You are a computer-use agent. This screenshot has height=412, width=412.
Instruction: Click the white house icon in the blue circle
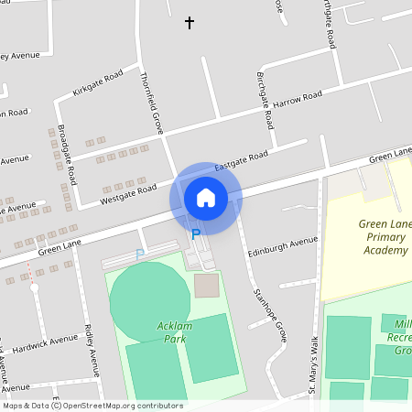coord(206,197)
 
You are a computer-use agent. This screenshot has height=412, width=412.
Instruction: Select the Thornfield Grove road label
coord(151,103)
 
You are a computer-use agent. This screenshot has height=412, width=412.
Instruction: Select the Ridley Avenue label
coord(91,350)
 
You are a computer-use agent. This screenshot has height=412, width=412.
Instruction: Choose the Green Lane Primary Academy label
coord(384,237)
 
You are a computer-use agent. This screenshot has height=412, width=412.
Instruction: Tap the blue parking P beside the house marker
coord(195,234)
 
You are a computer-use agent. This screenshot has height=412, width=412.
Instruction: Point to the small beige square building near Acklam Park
coord(207,286)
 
